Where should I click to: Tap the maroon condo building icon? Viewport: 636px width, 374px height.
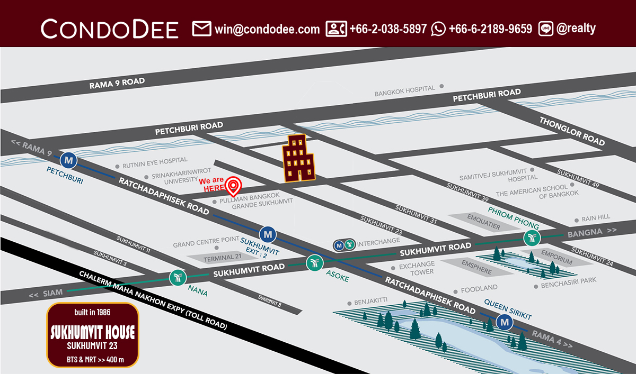pos(298,158)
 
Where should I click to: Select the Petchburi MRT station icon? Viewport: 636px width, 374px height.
pos(68,159)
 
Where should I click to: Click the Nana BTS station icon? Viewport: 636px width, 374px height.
pos(177,277)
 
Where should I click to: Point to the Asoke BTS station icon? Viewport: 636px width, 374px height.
pos(314,262)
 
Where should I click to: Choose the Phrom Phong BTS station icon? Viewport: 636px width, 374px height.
pos(531,238)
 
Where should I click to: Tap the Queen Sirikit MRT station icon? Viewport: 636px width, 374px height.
pos(505,321)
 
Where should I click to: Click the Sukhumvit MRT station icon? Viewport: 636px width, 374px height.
pos(268,233)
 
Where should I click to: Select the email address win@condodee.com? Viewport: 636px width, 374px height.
pos(267,29)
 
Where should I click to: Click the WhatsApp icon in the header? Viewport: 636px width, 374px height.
pos(438,29)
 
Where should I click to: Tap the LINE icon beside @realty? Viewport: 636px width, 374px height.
pos(546,29)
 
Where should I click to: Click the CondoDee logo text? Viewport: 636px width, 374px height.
pos(109,29)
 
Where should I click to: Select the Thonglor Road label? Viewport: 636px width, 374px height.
pos(572,131)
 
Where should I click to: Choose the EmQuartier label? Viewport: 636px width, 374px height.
pos(483,222)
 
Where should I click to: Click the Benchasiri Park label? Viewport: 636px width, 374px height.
pos(569,286)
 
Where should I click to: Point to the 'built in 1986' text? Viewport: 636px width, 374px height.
pos(93,312)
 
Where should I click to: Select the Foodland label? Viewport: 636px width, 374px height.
pos(479,288)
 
